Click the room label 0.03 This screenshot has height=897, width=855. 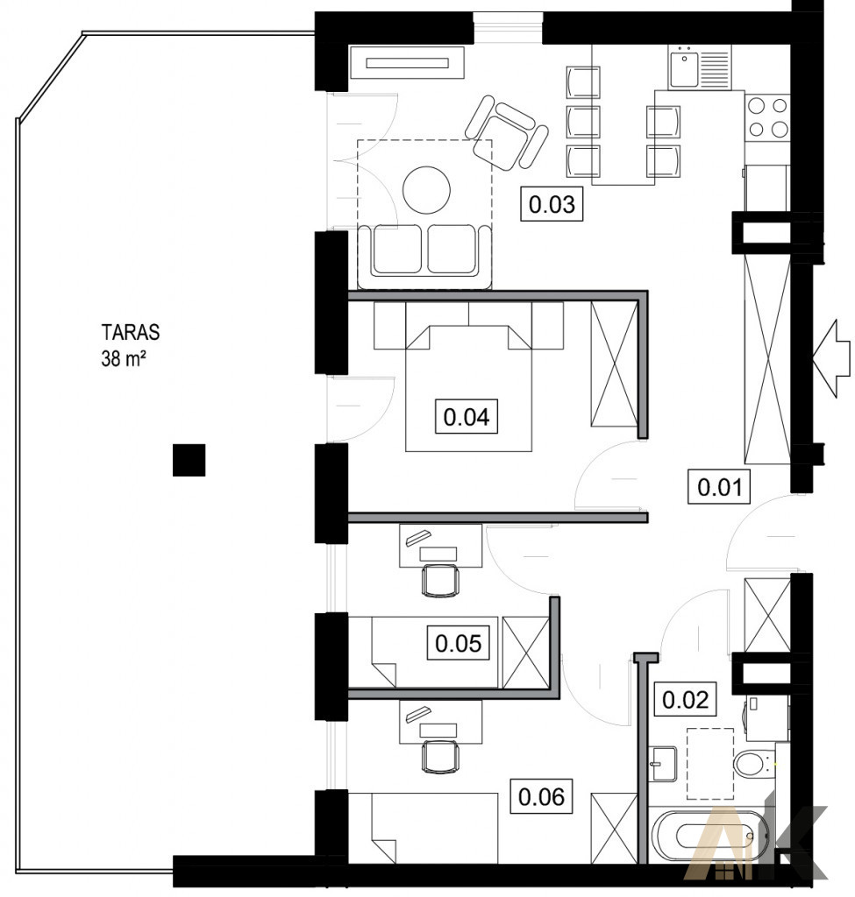point(551,204)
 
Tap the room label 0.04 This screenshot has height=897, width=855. point(467,417)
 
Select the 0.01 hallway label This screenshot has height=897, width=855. point(719,487)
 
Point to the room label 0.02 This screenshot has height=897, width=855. point(686,699)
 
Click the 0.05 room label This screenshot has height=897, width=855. point(458,643)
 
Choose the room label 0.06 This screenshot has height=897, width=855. point(541,796)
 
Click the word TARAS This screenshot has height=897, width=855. point(131,332)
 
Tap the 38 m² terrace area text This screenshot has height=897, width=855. point(123,358)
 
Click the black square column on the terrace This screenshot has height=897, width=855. point(189,460)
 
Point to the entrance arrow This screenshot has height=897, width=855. point(831,357)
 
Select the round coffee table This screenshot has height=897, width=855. point(426,189)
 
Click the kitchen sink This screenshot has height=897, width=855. point(683,67)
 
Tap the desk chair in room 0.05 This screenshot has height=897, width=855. point(440,581)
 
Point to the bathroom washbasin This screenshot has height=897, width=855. point(663,764)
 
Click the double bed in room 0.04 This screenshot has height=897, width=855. point(468,388)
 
